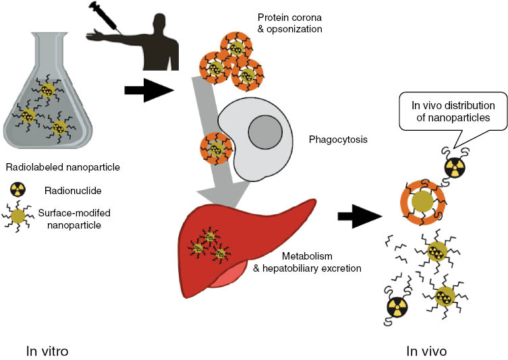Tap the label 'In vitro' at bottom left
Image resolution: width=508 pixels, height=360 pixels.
tap(47, 351)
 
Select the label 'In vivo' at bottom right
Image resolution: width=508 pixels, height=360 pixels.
tap(426, 351)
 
